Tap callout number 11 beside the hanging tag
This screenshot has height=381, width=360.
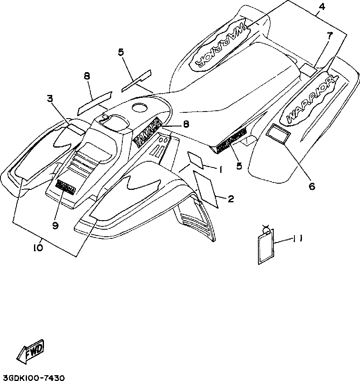tap(297, 238)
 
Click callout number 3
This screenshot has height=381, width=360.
tap(49, 99)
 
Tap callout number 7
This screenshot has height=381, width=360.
tap(330, 36)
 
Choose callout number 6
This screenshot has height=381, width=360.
tap(312, 186)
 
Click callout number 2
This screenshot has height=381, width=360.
tap(231, 199)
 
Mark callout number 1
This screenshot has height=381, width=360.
tap(221, 169)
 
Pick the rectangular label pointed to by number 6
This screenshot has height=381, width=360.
tap(279, 133)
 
